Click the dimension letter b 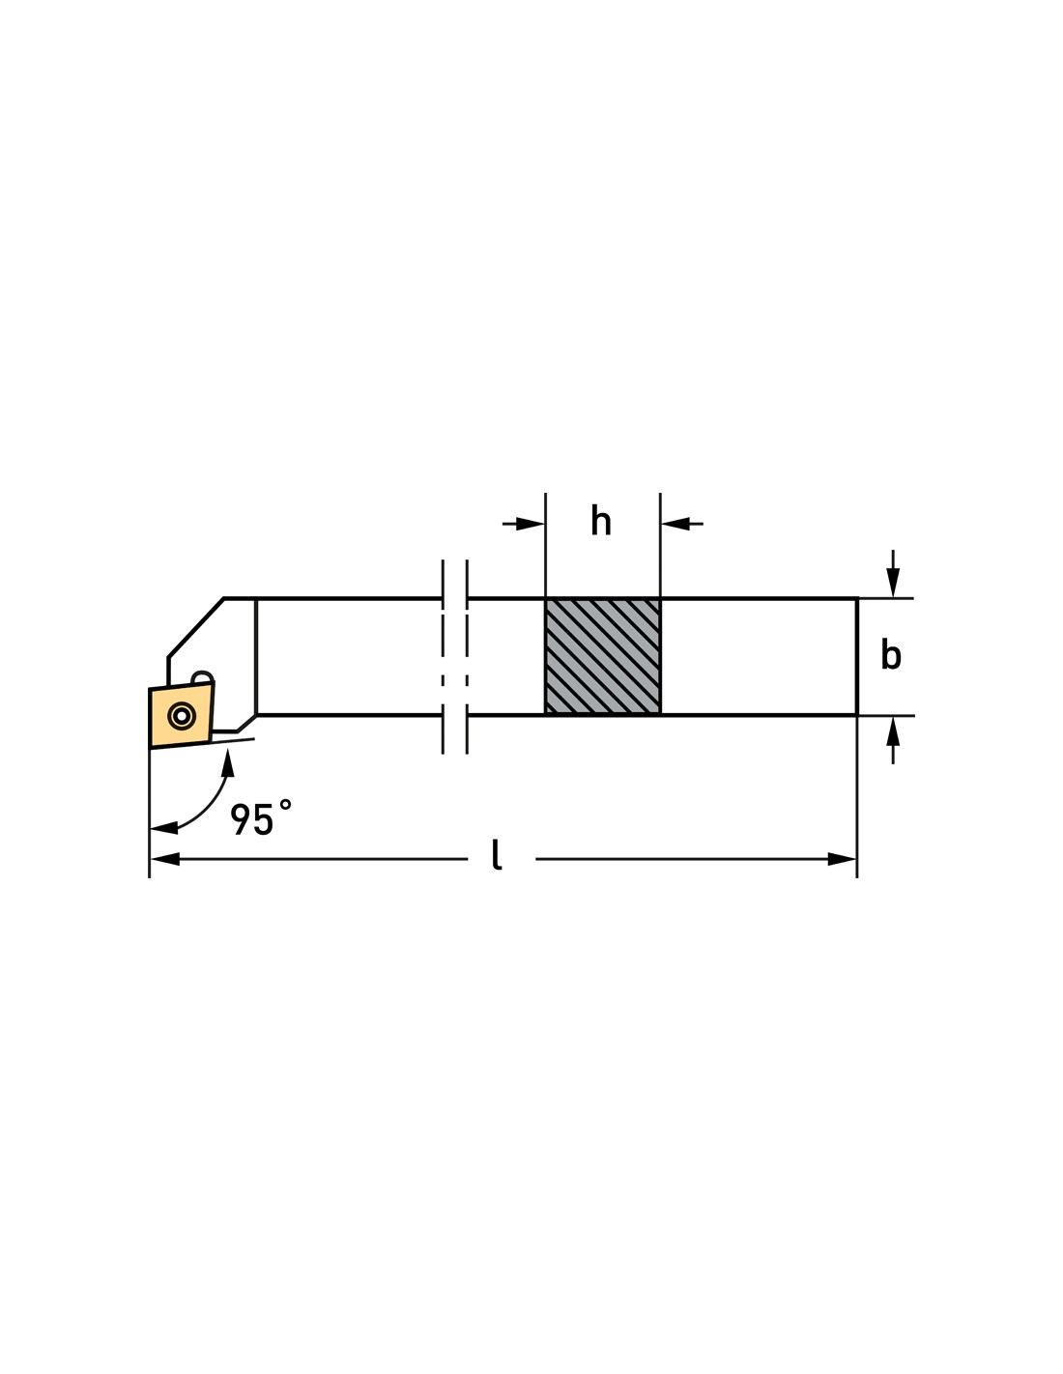click(890, 654)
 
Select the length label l click(497, 855)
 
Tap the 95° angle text click(261, 818)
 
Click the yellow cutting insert click(181, 715)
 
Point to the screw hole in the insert click(182, 716)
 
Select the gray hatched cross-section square click(603, 656)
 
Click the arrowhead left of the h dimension click(530, 524)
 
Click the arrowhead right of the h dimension click(675, 524)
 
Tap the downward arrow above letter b click(893, 582)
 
